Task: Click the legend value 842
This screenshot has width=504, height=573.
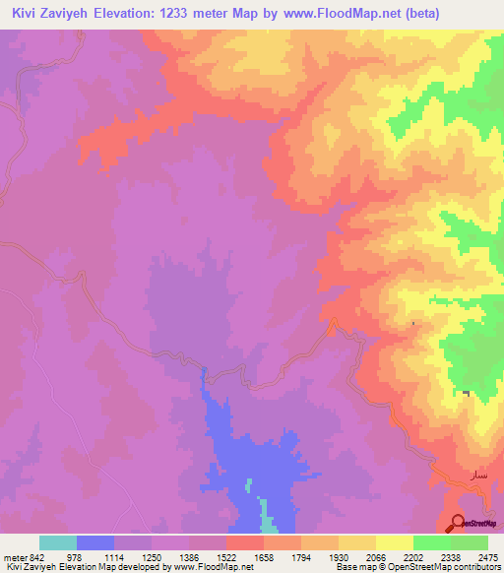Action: (x=31, y=557)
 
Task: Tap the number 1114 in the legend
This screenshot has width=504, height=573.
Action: (x=114, y=557)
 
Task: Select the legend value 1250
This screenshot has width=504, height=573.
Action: (x=152, y=557)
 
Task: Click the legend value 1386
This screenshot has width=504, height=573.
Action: (x=189, y=557)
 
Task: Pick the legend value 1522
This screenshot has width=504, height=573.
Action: (x=226, y=557)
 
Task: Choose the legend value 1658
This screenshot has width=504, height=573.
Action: (x=264, y=557)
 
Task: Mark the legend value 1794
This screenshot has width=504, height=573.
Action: (x=301, y=557)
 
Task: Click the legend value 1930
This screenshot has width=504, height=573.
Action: (x=339, y=557)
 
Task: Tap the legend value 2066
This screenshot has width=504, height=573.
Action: (x=376, y=557)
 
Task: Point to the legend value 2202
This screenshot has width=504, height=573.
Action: (x=413, y=557)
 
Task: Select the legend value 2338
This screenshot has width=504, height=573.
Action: (x=451, y=557)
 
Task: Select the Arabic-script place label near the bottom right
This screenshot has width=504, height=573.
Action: (x=468, y=477)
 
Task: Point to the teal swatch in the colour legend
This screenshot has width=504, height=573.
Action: (x=58, y=542)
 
